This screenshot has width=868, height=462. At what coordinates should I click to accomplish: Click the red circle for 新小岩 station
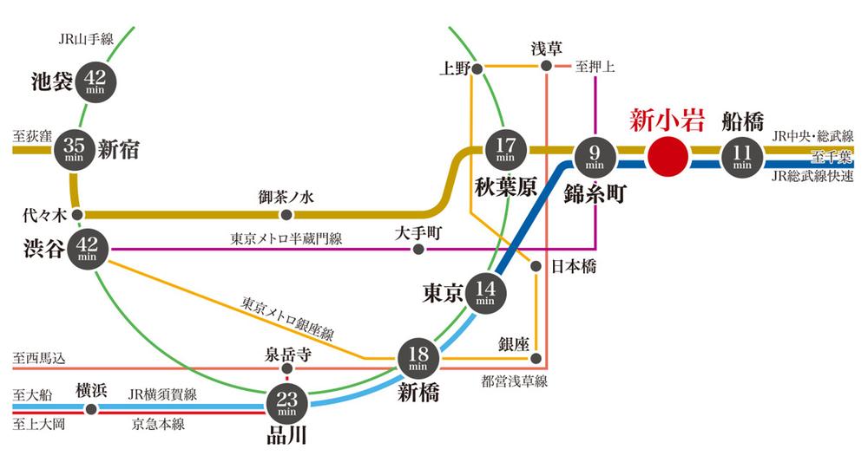click(x=667, y=156)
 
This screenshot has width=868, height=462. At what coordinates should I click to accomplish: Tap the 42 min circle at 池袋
click(x=95, y=81)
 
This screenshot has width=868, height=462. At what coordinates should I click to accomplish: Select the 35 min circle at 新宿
click(x=74, y=149)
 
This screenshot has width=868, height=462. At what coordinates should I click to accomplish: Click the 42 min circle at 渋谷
click(x=88, y=249)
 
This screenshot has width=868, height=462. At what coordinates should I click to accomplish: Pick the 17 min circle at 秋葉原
click(x=505, y=149)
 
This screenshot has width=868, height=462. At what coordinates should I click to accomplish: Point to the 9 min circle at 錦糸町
click(x=595, y=156)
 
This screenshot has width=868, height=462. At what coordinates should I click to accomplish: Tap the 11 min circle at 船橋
click(x=742, y=156)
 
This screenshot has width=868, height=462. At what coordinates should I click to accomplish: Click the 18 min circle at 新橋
click(x=418, y=359)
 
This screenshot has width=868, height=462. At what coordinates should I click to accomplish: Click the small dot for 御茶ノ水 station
click(x=286, y=214)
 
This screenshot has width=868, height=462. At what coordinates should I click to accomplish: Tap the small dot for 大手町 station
click(x=418, y=250)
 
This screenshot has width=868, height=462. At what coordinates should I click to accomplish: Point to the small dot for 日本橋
click(x=536, y=266)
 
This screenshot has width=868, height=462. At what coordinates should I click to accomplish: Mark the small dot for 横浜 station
click(x=91, y=409)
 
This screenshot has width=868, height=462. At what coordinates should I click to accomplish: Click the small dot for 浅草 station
click(x=546, y=67)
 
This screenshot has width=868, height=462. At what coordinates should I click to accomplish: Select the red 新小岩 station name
click(x=667, y=120)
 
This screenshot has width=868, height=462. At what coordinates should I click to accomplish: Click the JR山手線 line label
click(x=86, y=39)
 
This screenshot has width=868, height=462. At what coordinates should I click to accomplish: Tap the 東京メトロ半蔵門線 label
click(x=286, y=238)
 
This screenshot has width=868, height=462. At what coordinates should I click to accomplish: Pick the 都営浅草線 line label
click(x=514, y=381)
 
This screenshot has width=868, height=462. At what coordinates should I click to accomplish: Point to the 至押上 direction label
click(x=595, y=67)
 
